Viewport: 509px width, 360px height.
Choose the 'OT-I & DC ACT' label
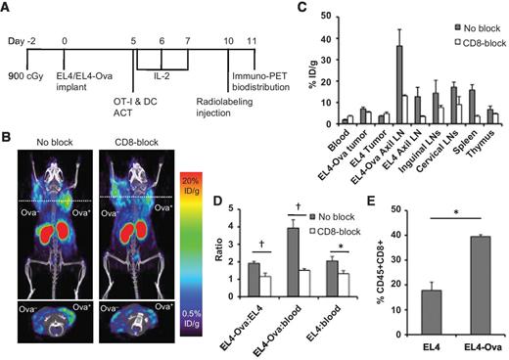pyautogui.click(x=128, y=110)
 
